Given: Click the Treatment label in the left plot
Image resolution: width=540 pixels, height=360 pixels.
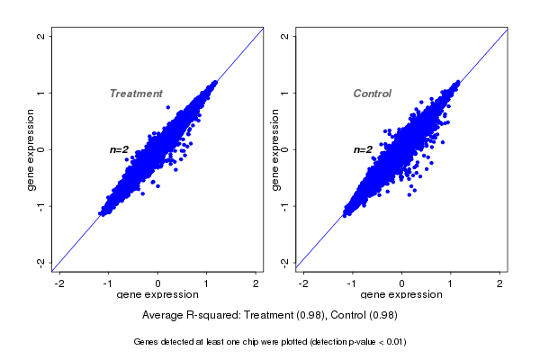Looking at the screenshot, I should coord(136,94).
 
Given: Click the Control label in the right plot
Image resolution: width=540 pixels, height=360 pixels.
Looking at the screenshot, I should coord(373,94).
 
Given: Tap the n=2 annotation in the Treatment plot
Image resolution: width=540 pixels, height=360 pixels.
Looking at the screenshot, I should coord(120,149).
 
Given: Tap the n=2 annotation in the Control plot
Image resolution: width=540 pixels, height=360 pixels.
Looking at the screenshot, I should coord(363,149).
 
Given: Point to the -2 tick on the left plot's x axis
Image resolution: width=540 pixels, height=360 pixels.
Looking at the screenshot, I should coord(59,283).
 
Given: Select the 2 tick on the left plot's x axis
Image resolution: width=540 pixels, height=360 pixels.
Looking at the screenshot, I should coord(256,283).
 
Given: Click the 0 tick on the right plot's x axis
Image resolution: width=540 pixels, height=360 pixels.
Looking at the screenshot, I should coord(402,283).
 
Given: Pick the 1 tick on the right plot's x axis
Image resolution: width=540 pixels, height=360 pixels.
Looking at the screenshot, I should coord(452,283).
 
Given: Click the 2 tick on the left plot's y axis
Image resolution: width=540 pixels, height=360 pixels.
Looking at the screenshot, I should coord(41,36).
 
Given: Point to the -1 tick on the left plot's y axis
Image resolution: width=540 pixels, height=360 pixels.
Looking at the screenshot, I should coord(41,206).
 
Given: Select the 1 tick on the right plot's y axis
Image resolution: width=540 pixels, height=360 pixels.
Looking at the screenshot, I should coord(285,93).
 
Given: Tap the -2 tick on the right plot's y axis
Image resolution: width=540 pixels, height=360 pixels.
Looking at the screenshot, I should coord(285,262).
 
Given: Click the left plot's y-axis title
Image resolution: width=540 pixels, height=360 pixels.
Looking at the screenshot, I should coord(31,149).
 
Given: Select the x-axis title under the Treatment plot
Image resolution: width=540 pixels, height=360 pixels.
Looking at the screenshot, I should coord(157,295).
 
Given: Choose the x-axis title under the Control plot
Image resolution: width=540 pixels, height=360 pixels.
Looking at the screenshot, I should coord(401,295).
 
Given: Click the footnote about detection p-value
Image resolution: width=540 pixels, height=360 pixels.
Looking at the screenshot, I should coord(270,342).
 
